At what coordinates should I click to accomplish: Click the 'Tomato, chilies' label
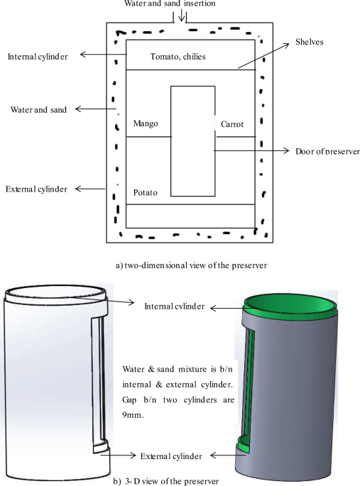coord(178,57)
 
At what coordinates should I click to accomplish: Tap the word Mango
coord(146,123)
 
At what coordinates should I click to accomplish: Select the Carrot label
coord(232,124)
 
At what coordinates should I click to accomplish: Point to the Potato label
coord(146,193)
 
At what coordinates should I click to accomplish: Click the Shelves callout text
coord(310,42)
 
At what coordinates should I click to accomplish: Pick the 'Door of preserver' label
coord(327,151)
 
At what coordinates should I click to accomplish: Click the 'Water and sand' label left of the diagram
coord(38,110)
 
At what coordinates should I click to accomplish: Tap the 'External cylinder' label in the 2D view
coord(37,189)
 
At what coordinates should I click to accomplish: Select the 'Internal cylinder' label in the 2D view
coord(38,57)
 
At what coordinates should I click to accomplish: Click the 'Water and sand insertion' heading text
coord(170,4)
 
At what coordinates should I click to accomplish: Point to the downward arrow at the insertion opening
coord(182,15)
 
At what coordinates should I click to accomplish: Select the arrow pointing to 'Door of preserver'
coord(251,150)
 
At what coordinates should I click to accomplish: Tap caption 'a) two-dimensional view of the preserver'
coord(191,265)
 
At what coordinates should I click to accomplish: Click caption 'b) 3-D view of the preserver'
coord(166,481)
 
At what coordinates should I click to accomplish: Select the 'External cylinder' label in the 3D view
coord(171,456)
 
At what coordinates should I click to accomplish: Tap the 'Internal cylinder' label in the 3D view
coord(175,306)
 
